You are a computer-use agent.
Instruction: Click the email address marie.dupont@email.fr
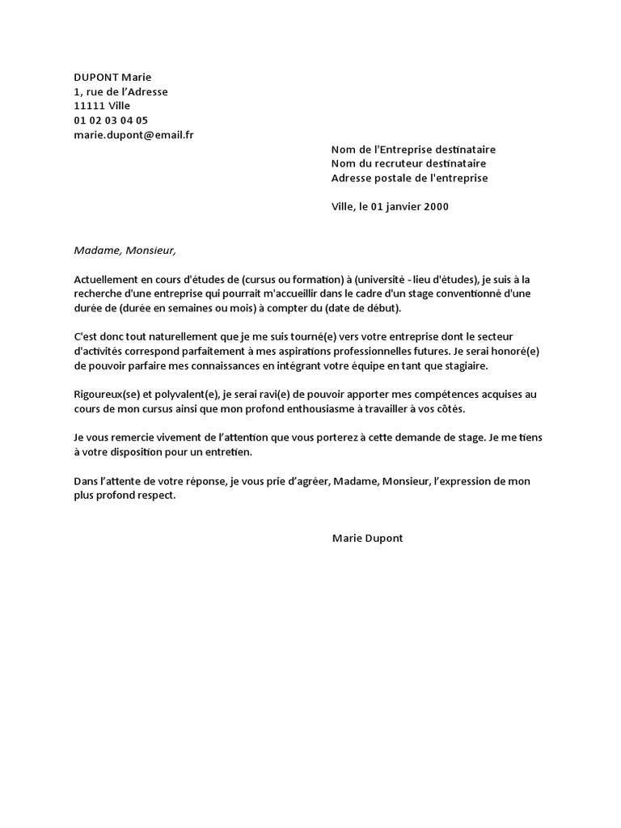pos(133,135)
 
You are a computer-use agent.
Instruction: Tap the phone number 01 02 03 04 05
pos(111,120)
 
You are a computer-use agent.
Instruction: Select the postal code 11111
pos(89,106)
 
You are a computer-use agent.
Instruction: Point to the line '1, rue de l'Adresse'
pos(120,91)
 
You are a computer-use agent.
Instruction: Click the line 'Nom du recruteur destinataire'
pos(409,164)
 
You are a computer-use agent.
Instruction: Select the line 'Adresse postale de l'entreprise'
pos(410,178)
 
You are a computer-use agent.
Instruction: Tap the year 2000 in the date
pos(433,206)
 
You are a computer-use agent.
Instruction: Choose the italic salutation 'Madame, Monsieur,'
pos(124,250)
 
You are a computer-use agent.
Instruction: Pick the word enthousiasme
pos(369,409)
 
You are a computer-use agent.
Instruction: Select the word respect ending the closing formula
pos(154,496)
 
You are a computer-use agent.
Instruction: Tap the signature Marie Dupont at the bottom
pos(367,538)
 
